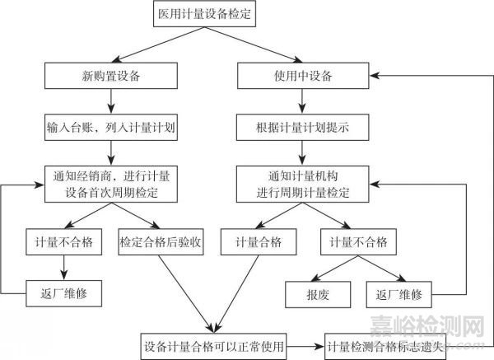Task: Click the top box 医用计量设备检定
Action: tap(203, 14)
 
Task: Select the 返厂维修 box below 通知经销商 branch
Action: tap(64, 292)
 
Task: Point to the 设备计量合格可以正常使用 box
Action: tap(214, 345)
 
